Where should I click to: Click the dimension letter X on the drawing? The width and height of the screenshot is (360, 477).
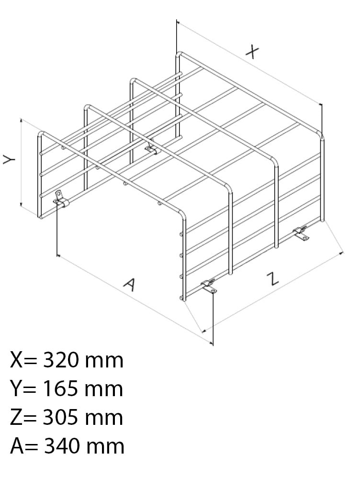pyautogui.click(x=252, y=52)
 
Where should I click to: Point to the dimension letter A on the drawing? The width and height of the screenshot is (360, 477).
pyautogui.click(x=130, y=285)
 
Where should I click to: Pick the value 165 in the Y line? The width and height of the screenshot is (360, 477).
pyautogui.click(x=60, y=389)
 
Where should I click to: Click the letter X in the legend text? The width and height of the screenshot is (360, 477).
pyautogui.click(x=16, y=360)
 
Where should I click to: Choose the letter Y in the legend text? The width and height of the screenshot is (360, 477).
pyautogui.click(x=16, y=389)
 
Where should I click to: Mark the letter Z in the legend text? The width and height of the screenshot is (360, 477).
pyautogui.click(x=16, y=417)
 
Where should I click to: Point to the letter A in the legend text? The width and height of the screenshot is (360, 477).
pyautogui.click(x=17, y=446)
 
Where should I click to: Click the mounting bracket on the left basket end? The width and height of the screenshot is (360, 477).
pyautogui.click(x=60, y=199)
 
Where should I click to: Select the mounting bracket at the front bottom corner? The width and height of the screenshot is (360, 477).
pyautogui.click(x=209, y=287)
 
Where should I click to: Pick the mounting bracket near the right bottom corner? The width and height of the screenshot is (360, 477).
pyautogui.click(x=301, y=233)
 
